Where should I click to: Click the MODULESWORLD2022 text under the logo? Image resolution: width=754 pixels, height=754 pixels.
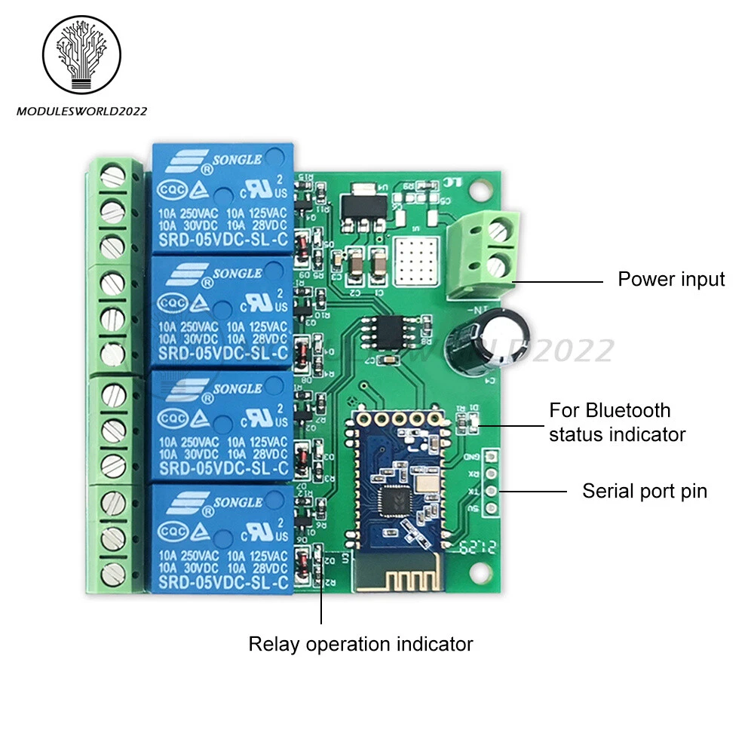coord(82,112)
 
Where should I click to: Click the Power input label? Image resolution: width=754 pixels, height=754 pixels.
coord(671,280)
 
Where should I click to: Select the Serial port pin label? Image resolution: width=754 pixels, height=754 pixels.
coord(645,492)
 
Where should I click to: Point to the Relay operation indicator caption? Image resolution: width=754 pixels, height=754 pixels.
coord(360,645)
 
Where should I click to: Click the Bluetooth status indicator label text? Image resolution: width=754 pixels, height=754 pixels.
coord(617,422)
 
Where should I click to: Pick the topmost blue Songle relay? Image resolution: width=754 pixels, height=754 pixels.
coord(222,198)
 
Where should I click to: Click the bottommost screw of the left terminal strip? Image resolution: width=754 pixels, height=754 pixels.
coord(113,571)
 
